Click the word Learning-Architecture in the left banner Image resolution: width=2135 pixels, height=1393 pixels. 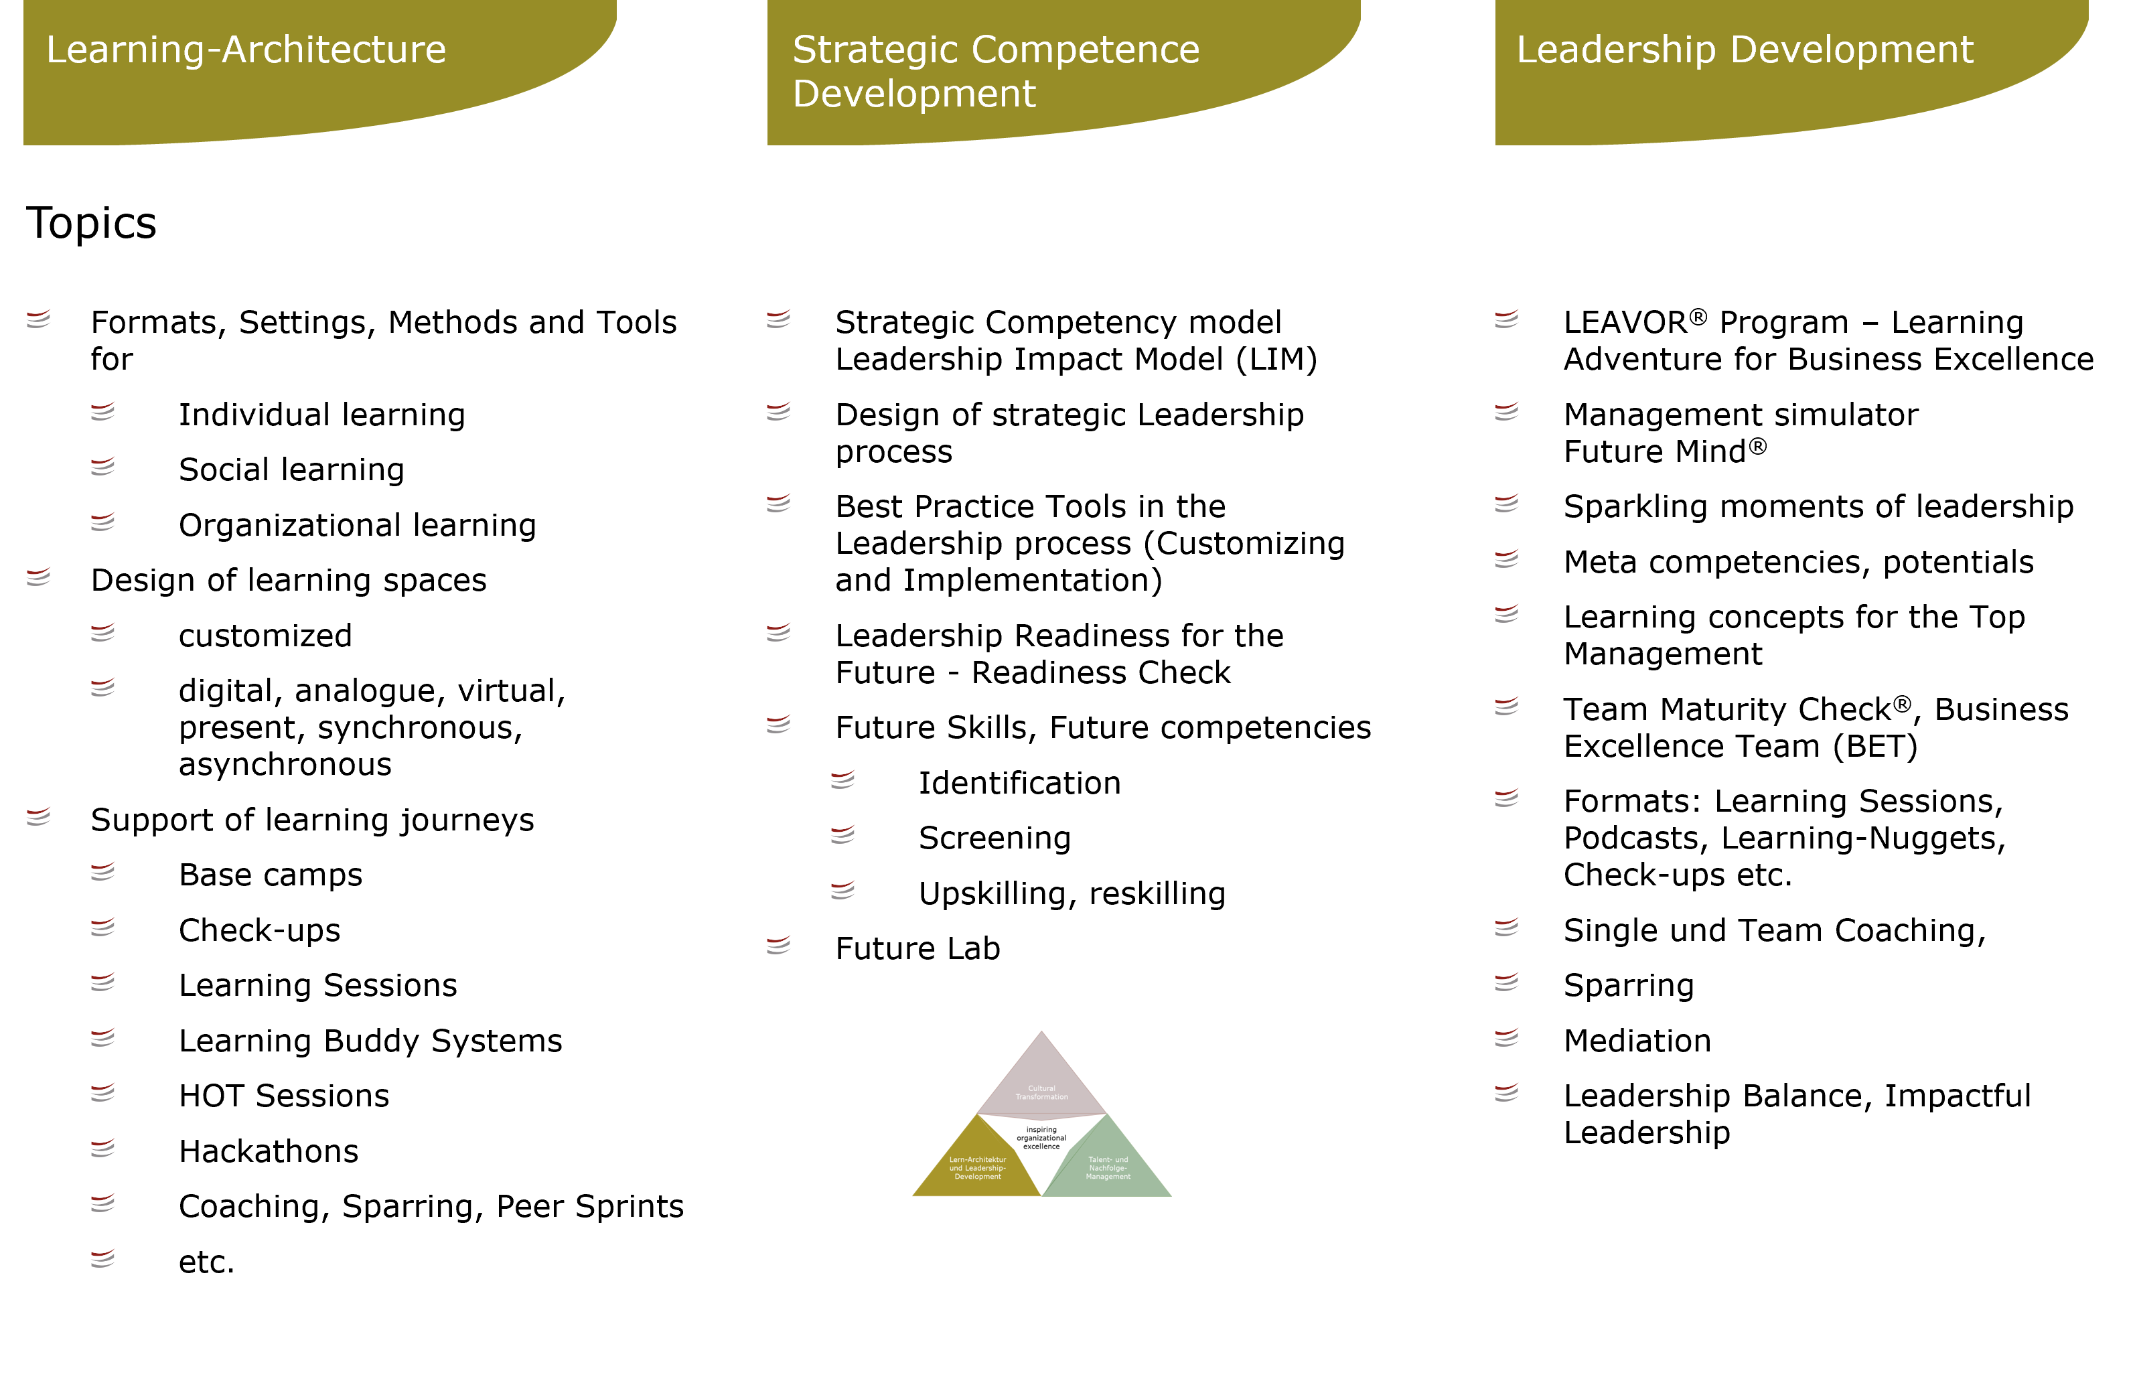pyautogui.click(x=246, y=50)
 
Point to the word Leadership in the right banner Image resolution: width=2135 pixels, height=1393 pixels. pyautogui.click(x=1615, y=50)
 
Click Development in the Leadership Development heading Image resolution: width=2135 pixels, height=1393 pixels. pyautogui.click(x=1852, y=50)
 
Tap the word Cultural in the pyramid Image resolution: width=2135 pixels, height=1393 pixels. pyautogui.click(x=1041, y=1088)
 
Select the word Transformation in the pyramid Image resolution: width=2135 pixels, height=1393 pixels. pyautogui.click(x=1041, y=1097)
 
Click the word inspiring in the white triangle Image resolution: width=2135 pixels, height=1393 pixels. pyautogui.click(x=1041, y=1129)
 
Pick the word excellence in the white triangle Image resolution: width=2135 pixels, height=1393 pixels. pyautogui.click(x=1041, y=1147)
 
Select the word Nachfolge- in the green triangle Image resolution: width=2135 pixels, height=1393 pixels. pyautogui.click(x=1108, y=1168)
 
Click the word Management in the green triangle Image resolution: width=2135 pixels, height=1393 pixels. pyautogui.click(x=1108, y=1177)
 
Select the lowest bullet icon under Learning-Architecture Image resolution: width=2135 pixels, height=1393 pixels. pyautogui.click(x=102, y=1258)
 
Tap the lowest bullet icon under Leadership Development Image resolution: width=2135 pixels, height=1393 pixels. pyautogui.click(x=1506, y=1092)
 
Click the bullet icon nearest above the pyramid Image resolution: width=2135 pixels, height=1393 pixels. pyautogui.click(x=778, y=944)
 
